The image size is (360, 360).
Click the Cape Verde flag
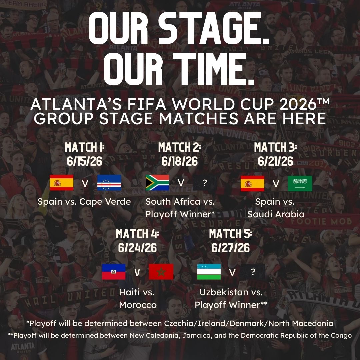click(109, 183)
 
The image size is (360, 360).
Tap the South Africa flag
click(157, 183)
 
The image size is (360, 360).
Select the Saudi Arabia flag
click(300, 183)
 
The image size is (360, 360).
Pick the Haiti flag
click(114, 272)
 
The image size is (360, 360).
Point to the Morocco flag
click(161, 272)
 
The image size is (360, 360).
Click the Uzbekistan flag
click(209, 272)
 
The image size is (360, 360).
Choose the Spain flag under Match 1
click(62, 183)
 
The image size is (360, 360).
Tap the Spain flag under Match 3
click(253, 183)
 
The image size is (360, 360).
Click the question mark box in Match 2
click(205, 183)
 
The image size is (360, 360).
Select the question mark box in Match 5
click(253, 272)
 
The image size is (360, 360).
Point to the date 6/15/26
click(84, 161)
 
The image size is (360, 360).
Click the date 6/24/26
click(137, 248)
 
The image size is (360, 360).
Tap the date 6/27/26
click(231, 248)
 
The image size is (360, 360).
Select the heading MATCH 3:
click(275, 147)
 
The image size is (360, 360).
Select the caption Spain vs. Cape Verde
click(84, 202)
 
